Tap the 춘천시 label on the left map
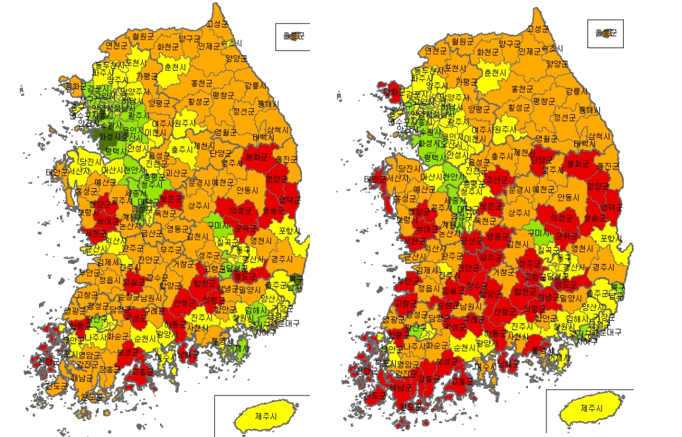pos(176,67)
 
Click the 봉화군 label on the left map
pos(256,158)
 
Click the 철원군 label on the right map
pos(463,41)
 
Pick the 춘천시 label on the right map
pos(495,73)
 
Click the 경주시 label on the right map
pos(603,267)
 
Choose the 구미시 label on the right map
pos(537,232)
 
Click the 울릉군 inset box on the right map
pos(605,32)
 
